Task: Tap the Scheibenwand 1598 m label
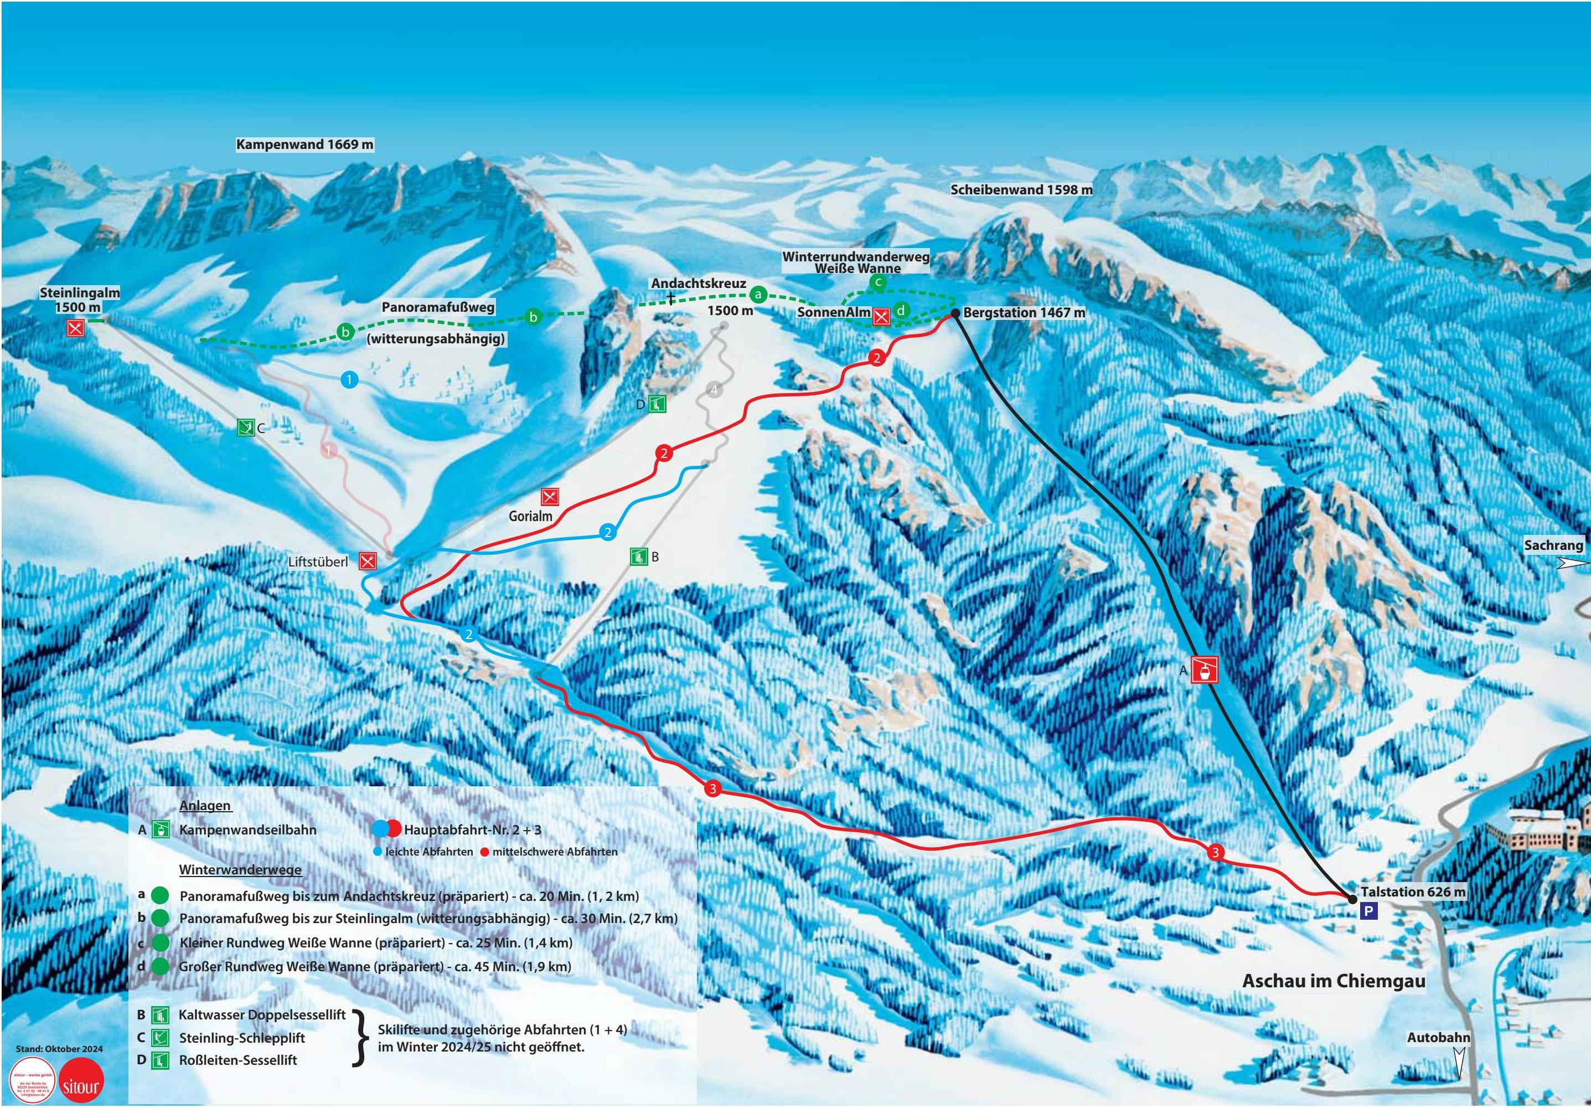[x=1021, y=189]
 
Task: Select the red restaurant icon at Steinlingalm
[x=75, y=328]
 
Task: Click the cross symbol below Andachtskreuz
[x=671, y=298]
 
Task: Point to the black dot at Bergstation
[x=955, y=313]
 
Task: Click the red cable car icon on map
[x=1205, y=670]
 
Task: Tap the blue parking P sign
[x=1368, y=912]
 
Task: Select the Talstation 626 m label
[x=1413, y=892]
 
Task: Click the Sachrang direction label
[x=1553, y=545]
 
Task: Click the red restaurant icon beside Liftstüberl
[x=368, y=561]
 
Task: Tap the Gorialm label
[x=531, y=516]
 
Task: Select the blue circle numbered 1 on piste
[x=350, y=379]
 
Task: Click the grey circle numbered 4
[x=715, y=390]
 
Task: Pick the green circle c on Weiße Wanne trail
[x=878, y=281]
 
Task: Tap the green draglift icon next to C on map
[x=245, y=427]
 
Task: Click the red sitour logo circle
[x=80, y=1085]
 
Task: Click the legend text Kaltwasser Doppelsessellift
[x=262, y=1014]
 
